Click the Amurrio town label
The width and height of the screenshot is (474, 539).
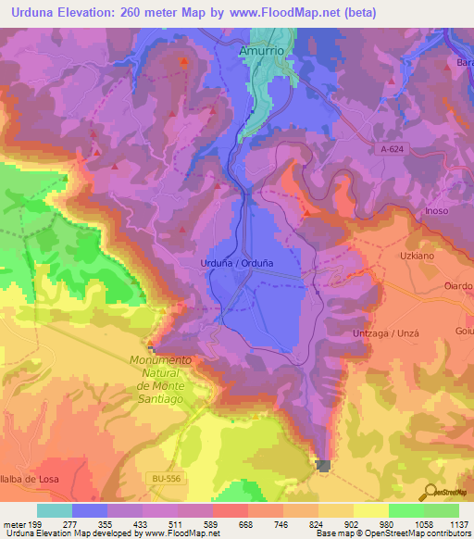click(x=267, y=52)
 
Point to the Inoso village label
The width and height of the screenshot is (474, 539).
click(x=437, y=211)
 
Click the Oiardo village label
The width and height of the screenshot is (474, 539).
click(x=458, y=286)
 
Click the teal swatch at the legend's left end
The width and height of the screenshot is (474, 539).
click(x=55, y=510)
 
